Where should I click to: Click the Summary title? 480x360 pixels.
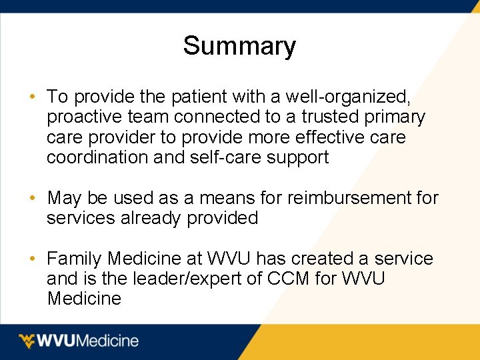point(239,46)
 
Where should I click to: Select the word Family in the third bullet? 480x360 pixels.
point(75,259)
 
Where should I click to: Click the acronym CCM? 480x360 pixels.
point(289,279)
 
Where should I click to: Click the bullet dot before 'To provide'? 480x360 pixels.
point(32,97)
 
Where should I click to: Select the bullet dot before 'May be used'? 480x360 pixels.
point(32,198)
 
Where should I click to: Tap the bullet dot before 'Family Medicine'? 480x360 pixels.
point(32,259)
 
